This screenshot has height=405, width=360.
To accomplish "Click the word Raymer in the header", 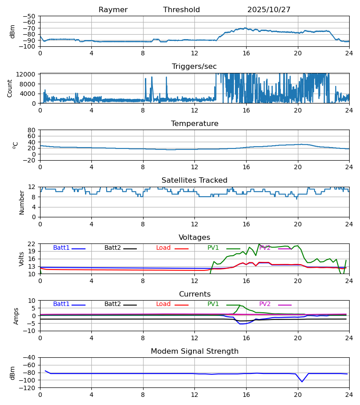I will click(x=113, y=10).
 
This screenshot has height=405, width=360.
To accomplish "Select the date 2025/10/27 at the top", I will click(x=269, y=10).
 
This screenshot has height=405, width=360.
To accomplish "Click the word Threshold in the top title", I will click(x=181, y=10).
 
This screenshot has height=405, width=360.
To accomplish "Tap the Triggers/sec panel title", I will click(x=194, y=67).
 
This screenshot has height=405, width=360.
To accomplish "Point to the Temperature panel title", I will click(x=194, y=124).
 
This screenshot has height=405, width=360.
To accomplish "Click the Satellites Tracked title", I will click(x=194, y=180).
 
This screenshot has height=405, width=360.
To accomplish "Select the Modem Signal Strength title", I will click(x=194, y=351).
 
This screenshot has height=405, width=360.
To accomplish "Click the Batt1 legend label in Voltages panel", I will click(x=61, y=248).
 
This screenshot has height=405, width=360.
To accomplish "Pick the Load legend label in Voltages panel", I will click(x=163, y=248).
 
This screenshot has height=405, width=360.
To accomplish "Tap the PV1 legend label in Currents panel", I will click(x=213, y=304).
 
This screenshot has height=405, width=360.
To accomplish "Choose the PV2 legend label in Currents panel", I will click(x=265, y=304).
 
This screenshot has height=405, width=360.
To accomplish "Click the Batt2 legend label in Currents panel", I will click(x=112, y=304).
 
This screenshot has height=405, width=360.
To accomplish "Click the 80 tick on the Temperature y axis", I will click(x=31, y=130).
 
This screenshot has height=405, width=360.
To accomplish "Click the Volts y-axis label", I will click(x=22, y=259).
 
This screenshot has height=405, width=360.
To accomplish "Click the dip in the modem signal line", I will click(x=302, y=382).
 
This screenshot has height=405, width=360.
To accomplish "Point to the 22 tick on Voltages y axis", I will click(x=31, y=244).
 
